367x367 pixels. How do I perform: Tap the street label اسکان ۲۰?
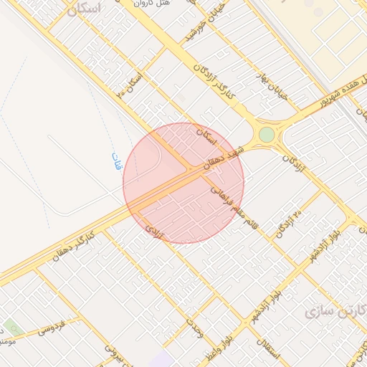coord(133,85)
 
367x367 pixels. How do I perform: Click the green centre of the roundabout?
coord(267,135)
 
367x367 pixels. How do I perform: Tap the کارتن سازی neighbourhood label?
coord(333,310)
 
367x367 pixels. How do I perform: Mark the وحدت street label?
coord(194,325)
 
